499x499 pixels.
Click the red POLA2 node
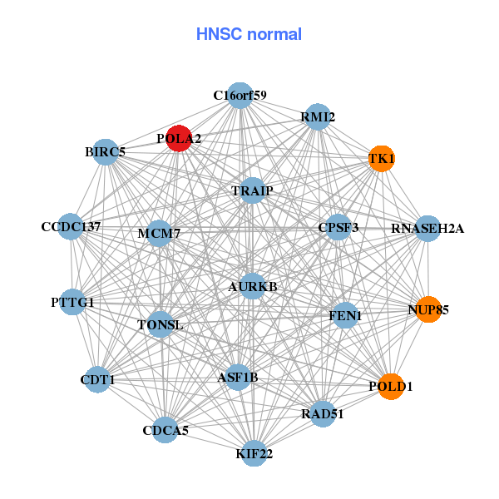click(179, 138)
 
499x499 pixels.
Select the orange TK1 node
click(381, 158)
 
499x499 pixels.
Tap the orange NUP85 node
click(428, 309)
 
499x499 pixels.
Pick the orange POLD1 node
click(391, 386)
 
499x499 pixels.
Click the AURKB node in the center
click(253, 286)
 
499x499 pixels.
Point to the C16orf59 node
click(240, 96)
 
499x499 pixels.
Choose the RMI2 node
click(318, 117)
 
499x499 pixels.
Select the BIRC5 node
click(106, 152)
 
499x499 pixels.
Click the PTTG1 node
click(72, 302)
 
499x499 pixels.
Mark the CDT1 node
click(98, 379)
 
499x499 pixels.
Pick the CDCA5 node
click(166, 430)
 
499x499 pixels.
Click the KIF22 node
click(254, 453)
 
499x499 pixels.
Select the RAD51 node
click(324, 413)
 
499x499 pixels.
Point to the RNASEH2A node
click(427, 228)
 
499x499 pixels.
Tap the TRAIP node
click(252, 190)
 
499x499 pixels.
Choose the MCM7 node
click(159, 233)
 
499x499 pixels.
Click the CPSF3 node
click(338, 227)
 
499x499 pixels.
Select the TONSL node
click(161, 324)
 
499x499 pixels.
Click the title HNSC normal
click(249, 34)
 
